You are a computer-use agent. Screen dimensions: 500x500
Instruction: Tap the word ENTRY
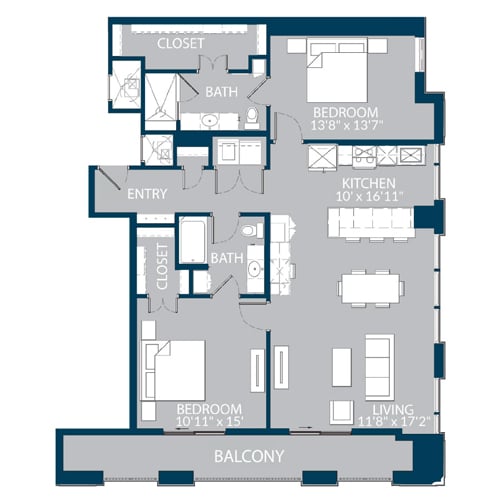(146, 194)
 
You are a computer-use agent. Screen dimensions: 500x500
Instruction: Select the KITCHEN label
(368, 183)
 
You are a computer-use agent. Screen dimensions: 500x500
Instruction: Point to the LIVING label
(393, 409)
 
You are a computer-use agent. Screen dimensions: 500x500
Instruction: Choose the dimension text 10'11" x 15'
(209, 423)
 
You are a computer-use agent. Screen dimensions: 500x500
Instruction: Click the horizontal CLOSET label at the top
(181, 44)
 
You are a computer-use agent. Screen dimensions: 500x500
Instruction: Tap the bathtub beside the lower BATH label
(191, 240)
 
